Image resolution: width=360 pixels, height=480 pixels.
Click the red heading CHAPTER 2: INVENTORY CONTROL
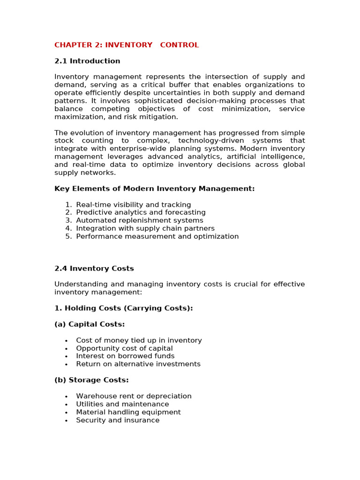[127, 45]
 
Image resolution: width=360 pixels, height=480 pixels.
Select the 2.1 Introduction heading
[87, 61]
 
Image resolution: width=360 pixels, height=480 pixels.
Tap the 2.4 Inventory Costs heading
[94, 269]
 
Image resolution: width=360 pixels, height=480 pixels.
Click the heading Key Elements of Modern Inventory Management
[154, 188]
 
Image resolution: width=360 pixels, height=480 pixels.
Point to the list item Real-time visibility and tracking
[134, 205]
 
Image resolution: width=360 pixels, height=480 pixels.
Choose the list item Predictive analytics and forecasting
[141, 212]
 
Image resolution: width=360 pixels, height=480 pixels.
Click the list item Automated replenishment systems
[140, 220]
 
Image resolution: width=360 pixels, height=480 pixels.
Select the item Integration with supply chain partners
[145, 228]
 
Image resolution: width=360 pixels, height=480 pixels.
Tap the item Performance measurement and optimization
[157, 236]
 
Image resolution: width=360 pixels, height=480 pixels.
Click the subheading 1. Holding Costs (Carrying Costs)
[124, 308]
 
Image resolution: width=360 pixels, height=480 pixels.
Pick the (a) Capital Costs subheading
[90, 324]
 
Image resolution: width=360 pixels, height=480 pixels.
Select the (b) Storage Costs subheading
[91, 380]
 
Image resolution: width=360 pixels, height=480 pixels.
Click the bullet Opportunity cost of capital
[124, 348]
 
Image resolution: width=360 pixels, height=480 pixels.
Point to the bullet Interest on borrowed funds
[125, 356]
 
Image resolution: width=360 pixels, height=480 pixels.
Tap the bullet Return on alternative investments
[138, 364]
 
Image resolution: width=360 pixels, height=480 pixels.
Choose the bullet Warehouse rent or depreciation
[134, 396]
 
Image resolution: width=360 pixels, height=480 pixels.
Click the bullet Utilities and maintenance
[122, 404]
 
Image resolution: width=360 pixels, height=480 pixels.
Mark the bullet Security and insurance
[118, 420]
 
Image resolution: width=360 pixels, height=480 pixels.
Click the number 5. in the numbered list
[68, 236]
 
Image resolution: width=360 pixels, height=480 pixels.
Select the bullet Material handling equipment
[128, 412]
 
